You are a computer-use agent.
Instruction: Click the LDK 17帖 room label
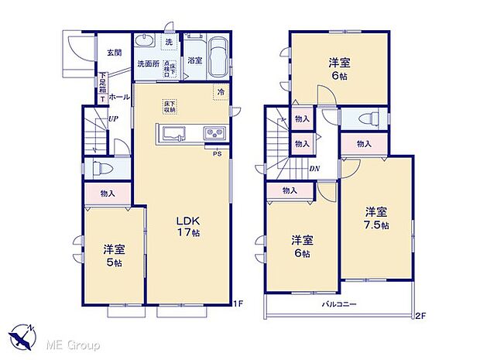point(189,225)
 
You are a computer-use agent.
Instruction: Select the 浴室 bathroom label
point(195,61)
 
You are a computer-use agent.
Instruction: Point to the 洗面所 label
point(148,63)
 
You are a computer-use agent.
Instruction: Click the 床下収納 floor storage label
point(168,107)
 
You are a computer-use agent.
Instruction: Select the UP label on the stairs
point(113,119)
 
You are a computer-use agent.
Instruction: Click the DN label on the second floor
point(315,169)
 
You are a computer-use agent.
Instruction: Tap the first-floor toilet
point(101,168)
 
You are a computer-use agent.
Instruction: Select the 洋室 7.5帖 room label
point(377,218)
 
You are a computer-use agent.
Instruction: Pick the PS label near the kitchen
point(218,153)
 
